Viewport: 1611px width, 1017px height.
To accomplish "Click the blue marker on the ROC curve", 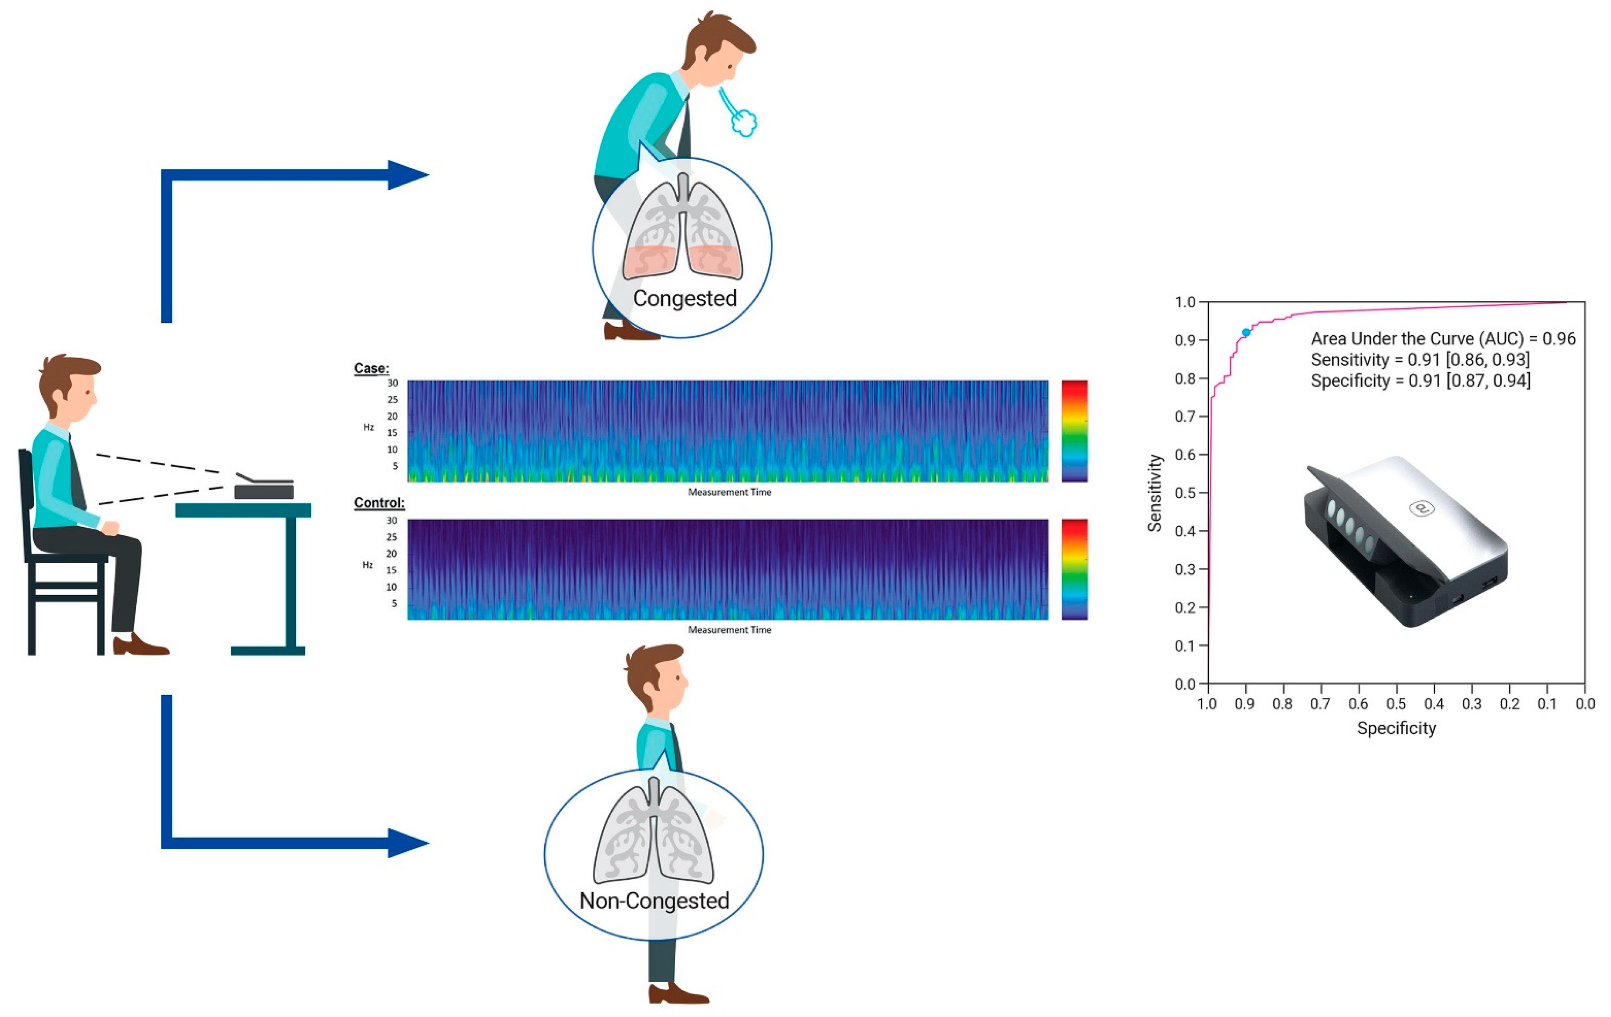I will (x=1246, y=332).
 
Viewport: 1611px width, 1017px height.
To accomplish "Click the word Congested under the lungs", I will (x=684, y=298).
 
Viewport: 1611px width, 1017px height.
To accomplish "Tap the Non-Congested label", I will (x=654, y=901).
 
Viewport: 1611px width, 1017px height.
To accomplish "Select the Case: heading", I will (x=371, y=368).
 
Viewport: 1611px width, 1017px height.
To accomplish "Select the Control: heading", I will (x=379, y=503).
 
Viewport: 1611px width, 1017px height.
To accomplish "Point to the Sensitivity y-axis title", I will (x=1155, y=493).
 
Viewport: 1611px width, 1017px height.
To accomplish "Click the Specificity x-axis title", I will (x=1396, y=728).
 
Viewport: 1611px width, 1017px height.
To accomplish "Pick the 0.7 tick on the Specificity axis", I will (x=1320, y=704).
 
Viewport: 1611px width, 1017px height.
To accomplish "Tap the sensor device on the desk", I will (x=264, y=488).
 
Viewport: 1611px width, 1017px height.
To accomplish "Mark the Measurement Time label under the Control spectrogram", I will (x=729, y=630).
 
